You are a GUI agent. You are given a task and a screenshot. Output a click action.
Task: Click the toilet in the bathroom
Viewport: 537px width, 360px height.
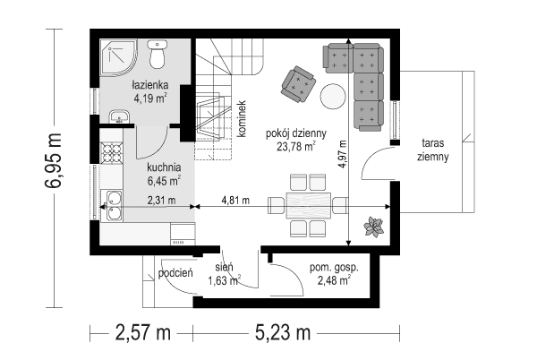coord(158,55)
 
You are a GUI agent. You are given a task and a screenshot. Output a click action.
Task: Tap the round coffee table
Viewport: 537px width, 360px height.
coord(333,95)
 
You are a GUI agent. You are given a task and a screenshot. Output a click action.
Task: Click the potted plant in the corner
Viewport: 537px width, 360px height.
coord(371,227)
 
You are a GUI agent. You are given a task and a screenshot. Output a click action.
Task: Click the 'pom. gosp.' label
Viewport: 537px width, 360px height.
coord(329,267)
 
